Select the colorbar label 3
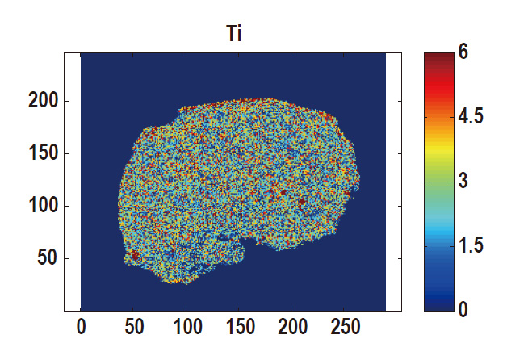[463, 182]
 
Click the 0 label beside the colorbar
[463, 310]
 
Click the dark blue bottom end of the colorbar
[438, 306]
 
